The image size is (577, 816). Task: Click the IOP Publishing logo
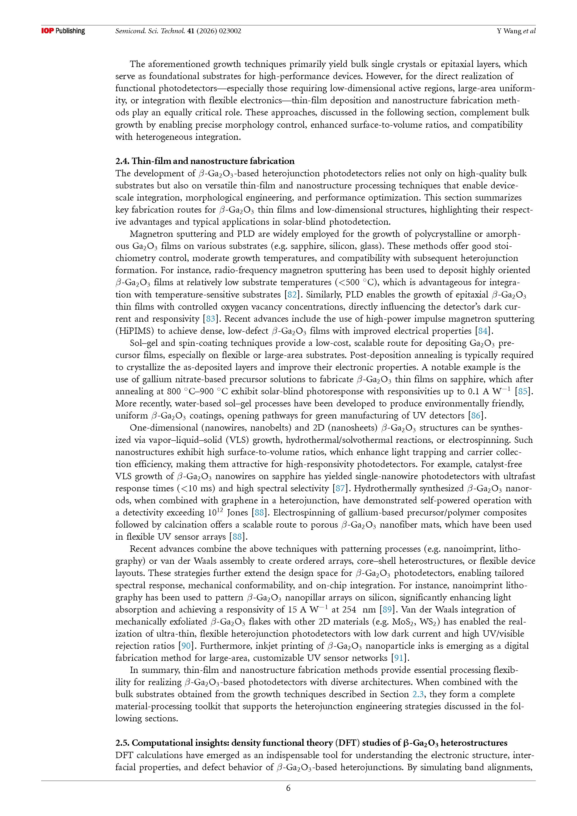click(x=63, y=31)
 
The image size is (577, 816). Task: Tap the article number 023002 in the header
click(x=230, y=31)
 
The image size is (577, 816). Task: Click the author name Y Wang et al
click(x=516, y=31)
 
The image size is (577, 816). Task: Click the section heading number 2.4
click(x=122, y=161)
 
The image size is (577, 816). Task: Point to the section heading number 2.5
click(x=122, y=743)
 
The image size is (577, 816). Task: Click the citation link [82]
click(x=292, y=295)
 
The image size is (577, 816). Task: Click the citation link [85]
click(x=523, y=391)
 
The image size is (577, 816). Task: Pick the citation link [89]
click(x=387, y=609)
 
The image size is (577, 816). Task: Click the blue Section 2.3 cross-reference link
click(x=418, y=694)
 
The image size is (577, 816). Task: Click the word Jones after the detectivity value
click(x=237, y=512)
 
